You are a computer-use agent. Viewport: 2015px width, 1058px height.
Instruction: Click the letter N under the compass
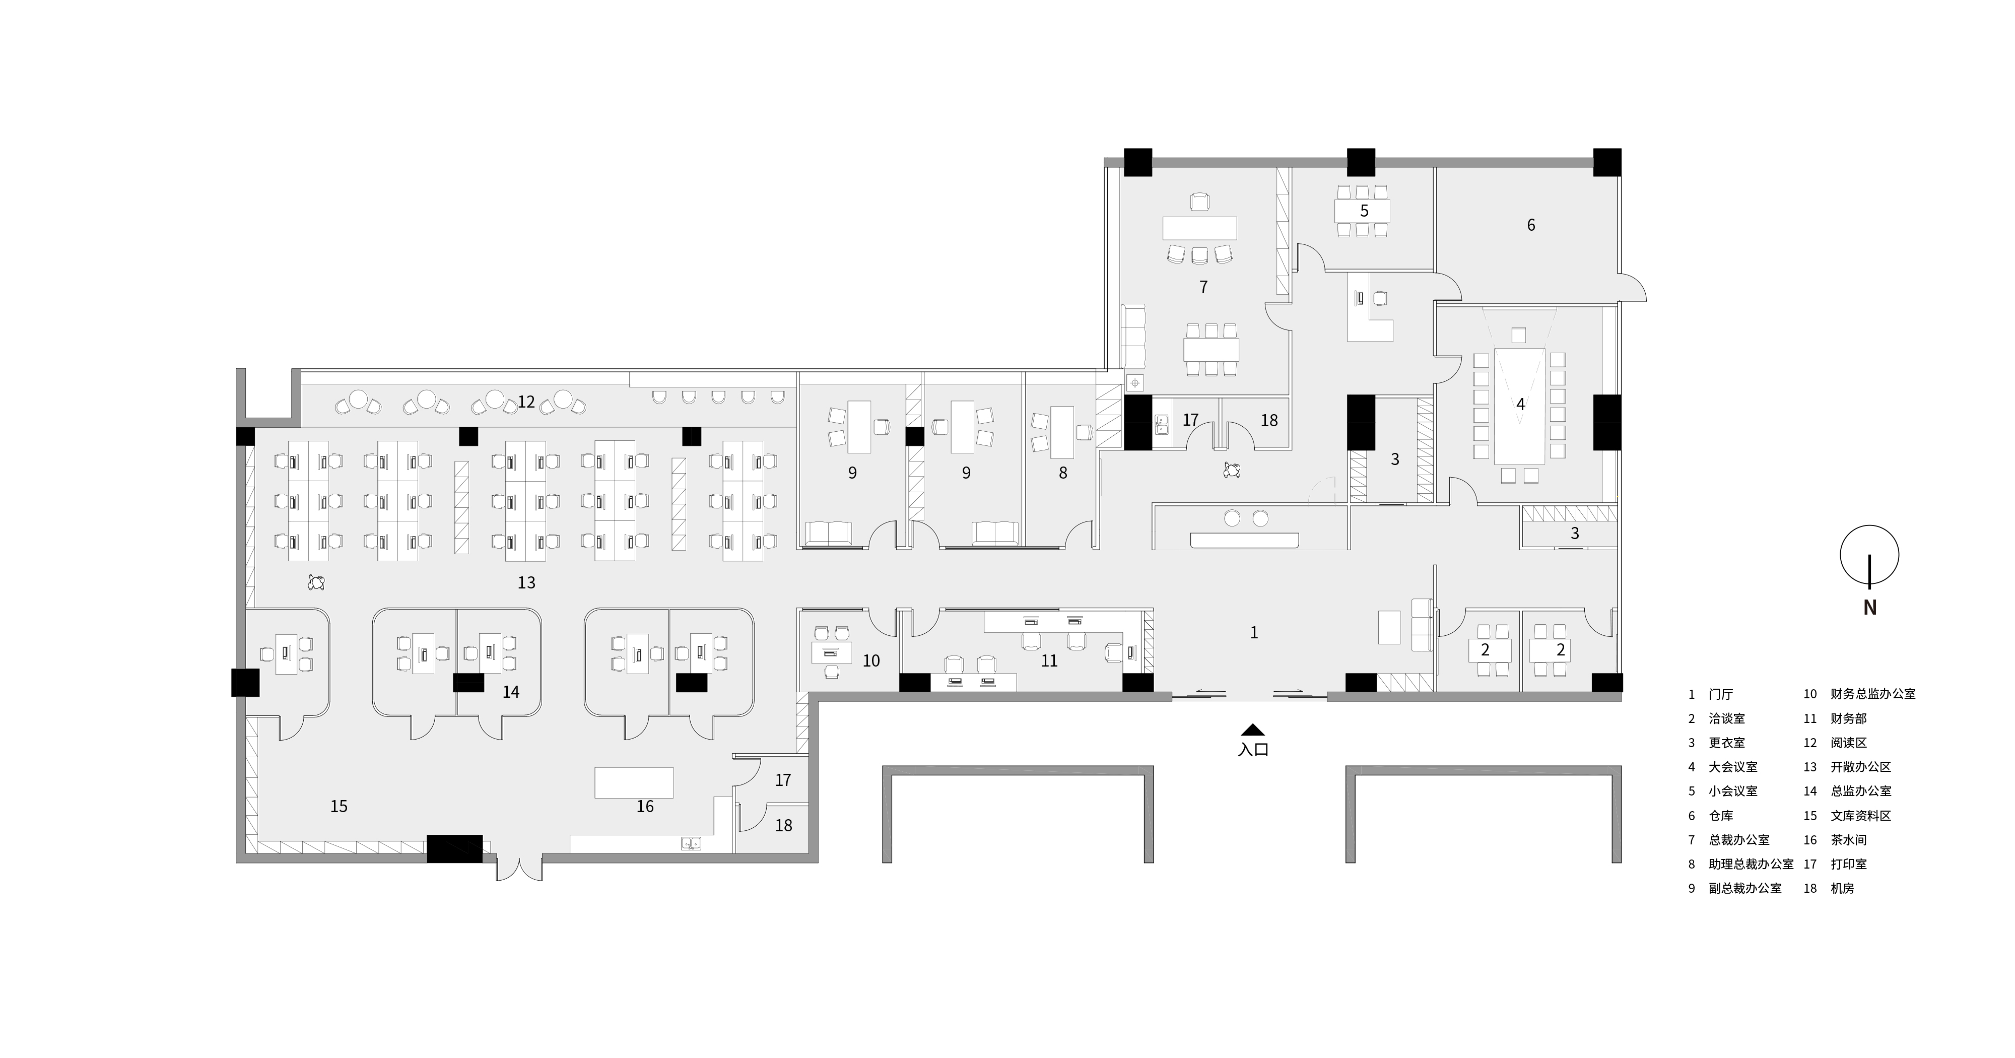[x=1869, y=607]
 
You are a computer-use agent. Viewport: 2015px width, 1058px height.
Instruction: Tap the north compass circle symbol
[x=1869, y=556]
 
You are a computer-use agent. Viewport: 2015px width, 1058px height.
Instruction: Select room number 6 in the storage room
[x=1531, y=225]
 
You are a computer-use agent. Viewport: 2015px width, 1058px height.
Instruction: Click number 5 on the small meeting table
[x=1364, y=211]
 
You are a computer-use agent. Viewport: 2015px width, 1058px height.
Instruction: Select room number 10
[x=871, y=661]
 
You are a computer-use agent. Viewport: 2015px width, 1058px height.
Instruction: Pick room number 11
[x=1049, y=661]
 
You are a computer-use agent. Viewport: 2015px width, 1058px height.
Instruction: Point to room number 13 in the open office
[x=526, y=583]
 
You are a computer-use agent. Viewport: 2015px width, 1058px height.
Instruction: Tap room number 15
[x=339, y=807]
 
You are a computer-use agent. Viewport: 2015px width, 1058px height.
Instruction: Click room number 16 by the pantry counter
[x=645, y=807]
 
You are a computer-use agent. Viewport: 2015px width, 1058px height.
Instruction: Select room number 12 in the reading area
[x=526, y=402]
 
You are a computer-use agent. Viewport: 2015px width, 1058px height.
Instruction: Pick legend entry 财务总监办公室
[x=1872, y=694]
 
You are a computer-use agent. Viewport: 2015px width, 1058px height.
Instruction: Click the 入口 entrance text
[x=1253, y=750]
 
